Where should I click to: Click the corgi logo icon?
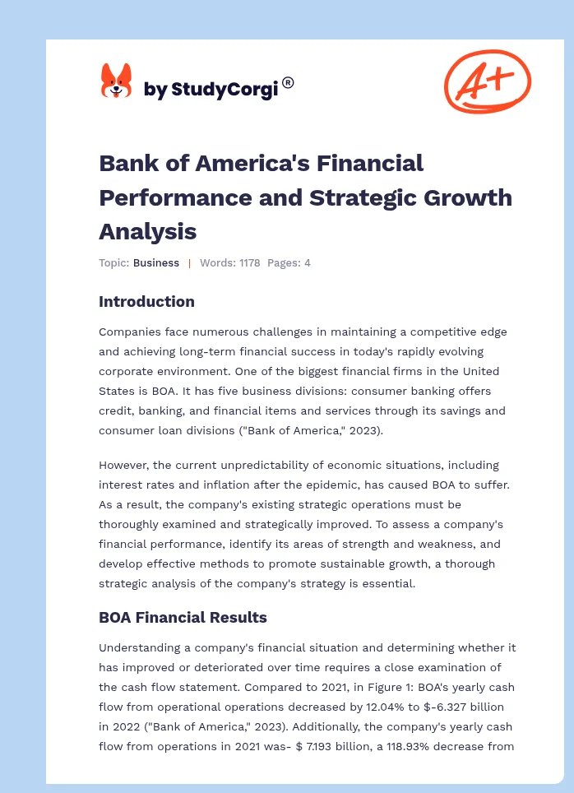(x=116, y=81)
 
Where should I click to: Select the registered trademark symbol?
(x=288, y=82)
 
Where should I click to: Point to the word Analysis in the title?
(x=147, y=231)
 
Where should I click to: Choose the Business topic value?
(x=156, y=263)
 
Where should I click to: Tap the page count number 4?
(x=307, y=263)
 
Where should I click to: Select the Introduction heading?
(x=146, y=301)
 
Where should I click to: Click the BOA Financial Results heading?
(x=183, y=616)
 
